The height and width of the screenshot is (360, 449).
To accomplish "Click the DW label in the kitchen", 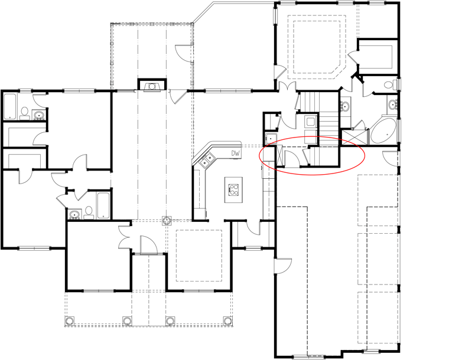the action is pyautogui.click(x=235, y=153).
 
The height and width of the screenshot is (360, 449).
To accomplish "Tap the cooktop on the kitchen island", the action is pyautogui.click(x=234, y=189).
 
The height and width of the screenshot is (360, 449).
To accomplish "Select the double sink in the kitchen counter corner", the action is pyautogui.click(x=207, y=160).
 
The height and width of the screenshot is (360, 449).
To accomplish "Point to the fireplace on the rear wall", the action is pyautogui.click(x=152, y=84).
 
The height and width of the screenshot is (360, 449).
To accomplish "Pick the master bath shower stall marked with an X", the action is pyautogui.click(x=354, y=138).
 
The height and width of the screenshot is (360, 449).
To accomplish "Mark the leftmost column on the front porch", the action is pyautogui.click(x=70, y=321).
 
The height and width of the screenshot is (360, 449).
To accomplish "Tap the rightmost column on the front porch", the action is pyautogui.click(x=227, y=321).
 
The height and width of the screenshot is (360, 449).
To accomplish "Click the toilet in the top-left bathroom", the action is pyautogui.click(x=25, y=113).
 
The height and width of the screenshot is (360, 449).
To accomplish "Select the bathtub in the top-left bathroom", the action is pyautogui.click(x=10, y=106).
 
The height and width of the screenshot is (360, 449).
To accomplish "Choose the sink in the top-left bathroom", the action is pyautogui.click(x=38, y=115).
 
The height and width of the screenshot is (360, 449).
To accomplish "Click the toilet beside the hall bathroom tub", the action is pyautogui.click(x=89, y=213).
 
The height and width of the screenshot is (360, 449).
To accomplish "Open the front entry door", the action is pyautogui.click(x=149, y=245).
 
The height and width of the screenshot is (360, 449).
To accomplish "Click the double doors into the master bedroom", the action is pyautogui.click(x=287, y=86).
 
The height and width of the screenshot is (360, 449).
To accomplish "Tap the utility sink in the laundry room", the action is pyautogui.click(x=271, y=139).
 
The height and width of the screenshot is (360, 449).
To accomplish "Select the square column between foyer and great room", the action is pyautogui.click(x=166, y=221).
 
